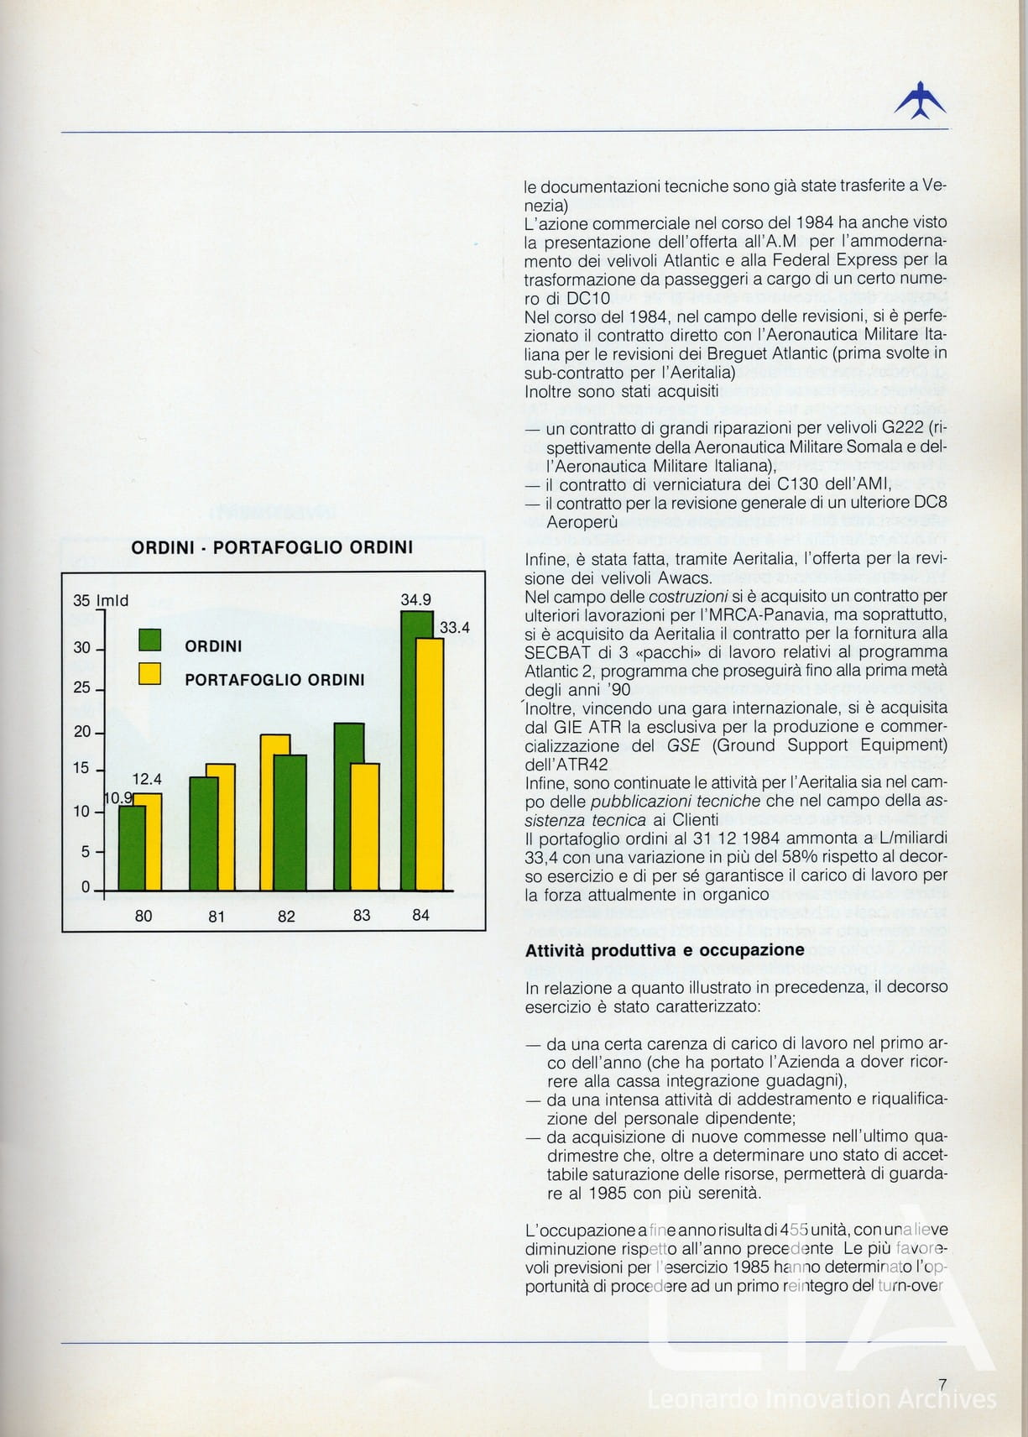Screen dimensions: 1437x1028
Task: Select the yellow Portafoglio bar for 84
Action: click(431, 764)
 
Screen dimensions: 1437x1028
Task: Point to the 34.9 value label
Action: click(415, 600)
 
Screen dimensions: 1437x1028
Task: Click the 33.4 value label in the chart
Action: click(455, 627)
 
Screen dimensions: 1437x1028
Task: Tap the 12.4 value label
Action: click(147, 780)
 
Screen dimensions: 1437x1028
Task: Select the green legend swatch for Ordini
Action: click(150, 641)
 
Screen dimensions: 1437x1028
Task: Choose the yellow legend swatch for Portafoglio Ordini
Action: click(150, 674)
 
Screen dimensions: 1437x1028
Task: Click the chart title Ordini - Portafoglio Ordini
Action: click(273, 547)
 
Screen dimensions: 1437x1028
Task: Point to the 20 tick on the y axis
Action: click(82, 732)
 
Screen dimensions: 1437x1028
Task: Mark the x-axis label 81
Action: click(217, 917)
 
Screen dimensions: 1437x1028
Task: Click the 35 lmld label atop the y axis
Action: click(101, 600)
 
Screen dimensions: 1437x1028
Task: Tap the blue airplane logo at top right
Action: click(920, 100)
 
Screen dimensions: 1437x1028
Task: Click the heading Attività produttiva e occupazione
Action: click(665, 950)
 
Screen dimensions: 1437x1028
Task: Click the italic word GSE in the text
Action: click(683, 745)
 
